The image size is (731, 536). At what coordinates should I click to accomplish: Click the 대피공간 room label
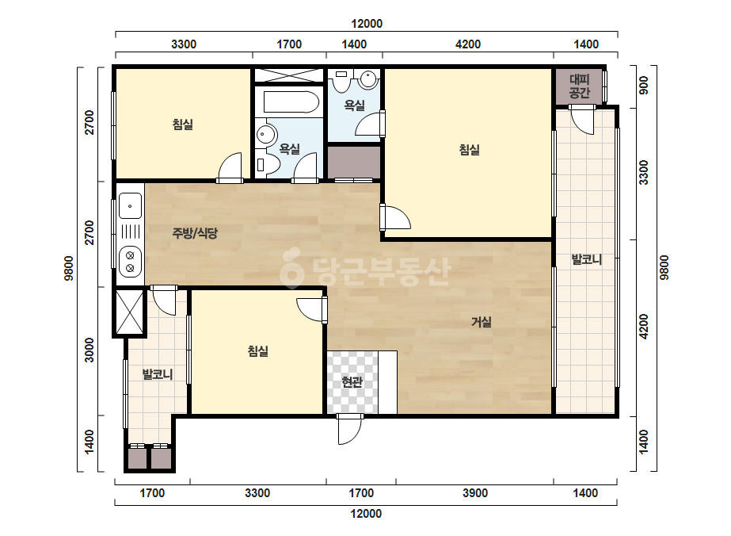(580, 86)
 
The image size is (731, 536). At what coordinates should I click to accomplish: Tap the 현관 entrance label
(352, 382)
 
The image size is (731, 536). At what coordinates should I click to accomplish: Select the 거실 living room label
(481, 322)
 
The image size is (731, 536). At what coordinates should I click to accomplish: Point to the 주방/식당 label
(195, 233)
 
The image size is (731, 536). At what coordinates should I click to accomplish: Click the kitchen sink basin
(130, 206)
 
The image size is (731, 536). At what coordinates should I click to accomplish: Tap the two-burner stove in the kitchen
(130, 262)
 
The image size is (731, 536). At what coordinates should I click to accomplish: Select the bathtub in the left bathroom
(291, 102)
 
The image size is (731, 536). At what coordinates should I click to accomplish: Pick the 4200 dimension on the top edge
(467, 44)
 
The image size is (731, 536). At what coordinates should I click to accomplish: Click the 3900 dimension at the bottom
(475, 493)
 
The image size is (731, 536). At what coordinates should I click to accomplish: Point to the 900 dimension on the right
(644, 86)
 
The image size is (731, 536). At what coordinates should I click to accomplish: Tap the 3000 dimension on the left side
(89, 350)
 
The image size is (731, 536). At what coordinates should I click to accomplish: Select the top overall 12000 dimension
(367, 24)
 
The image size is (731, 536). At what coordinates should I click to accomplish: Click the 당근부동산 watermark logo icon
(291, 267)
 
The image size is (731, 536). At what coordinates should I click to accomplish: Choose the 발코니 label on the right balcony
(587, 259)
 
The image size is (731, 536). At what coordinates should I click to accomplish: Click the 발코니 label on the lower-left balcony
(158, 374)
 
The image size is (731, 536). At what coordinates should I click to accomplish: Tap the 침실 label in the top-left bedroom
(183, 124)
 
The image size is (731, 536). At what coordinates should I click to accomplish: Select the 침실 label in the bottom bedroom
(258, 350)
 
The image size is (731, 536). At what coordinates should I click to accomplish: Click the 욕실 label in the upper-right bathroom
(354, 105)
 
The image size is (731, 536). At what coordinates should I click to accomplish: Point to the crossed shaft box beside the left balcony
(129, 312)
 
